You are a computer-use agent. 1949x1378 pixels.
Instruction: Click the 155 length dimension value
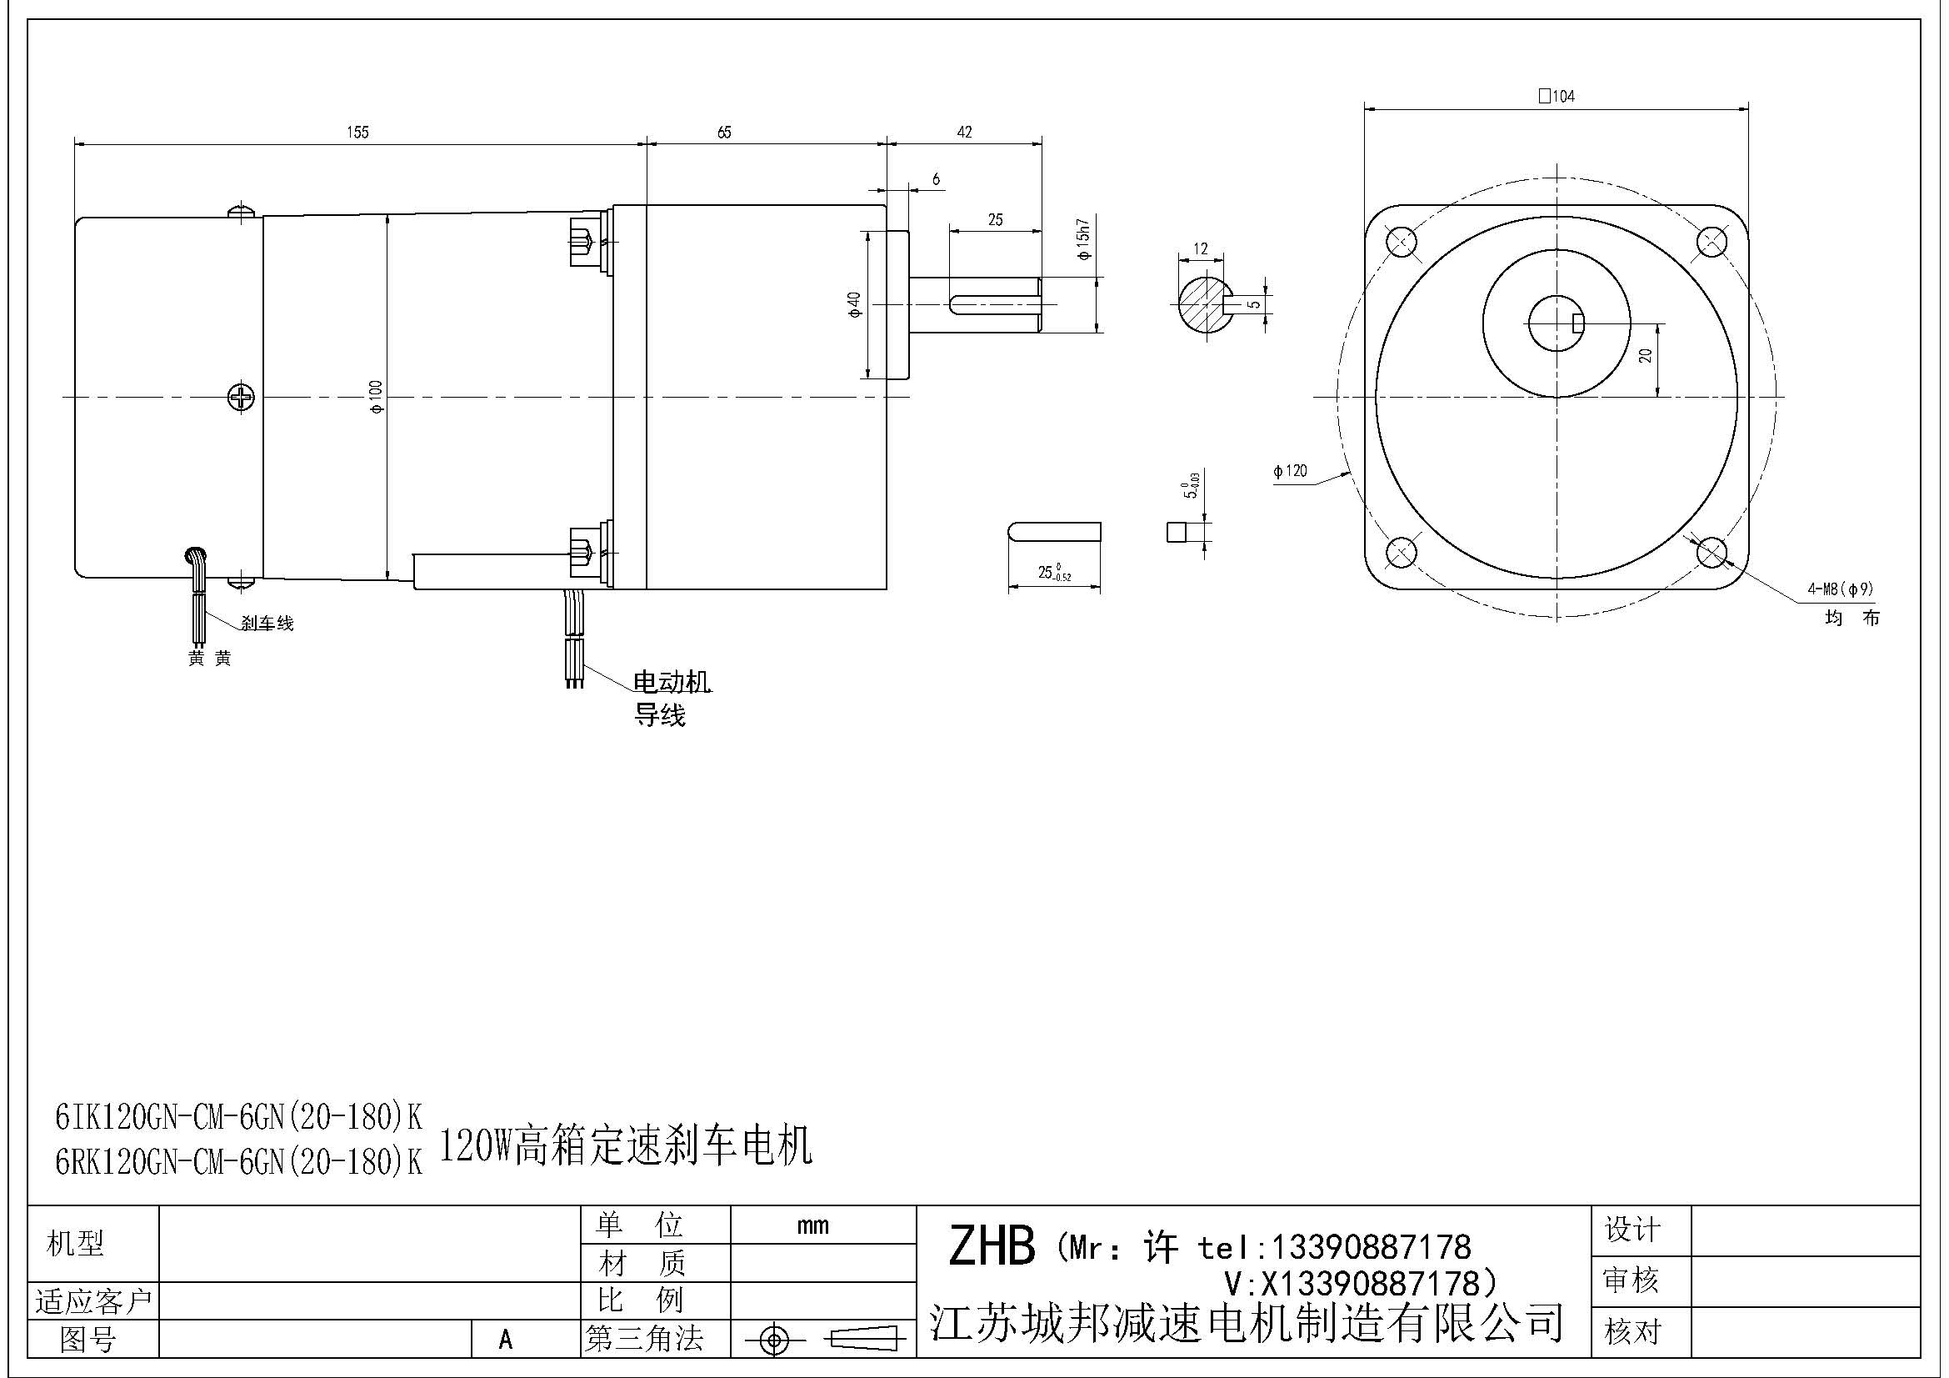pos(357,133)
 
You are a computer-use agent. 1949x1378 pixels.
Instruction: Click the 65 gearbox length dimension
pos(724,133)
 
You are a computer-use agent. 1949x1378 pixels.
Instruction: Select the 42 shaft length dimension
pos(964,133)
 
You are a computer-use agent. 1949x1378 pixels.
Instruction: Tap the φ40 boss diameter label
pos(854,304)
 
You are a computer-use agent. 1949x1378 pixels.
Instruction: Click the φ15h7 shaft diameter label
pos(1084,240)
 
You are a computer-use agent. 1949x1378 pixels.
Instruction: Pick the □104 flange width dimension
pos(1556,97)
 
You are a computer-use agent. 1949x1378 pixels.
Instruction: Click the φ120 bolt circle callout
pos(1290,471)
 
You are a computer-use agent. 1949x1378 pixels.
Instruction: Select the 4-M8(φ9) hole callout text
pos(1841,589)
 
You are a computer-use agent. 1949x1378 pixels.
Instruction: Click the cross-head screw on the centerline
pos(241,397)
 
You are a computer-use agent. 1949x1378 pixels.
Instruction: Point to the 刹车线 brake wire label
pos(267,624)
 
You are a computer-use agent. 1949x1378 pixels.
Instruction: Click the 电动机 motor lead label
pos(672,682)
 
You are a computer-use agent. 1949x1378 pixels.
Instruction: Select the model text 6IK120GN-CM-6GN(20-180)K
pos(238,1118)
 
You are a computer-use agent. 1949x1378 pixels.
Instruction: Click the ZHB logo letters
pos(992,1246)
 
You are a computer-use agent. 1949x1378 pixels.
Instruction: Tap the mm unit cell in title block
pos(812,1225)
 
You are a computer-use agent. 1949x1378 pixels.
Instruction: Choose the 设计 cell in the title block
pos(1632,1230)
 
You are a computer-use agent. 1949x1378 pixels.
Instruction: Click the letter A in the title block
pos(506,1340)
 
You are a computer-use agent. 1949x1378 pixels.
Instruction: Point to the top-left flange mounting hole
pos(1401,241)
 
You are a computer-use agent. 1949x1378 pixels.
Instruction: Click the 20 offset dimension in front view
pos(1646,356)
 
